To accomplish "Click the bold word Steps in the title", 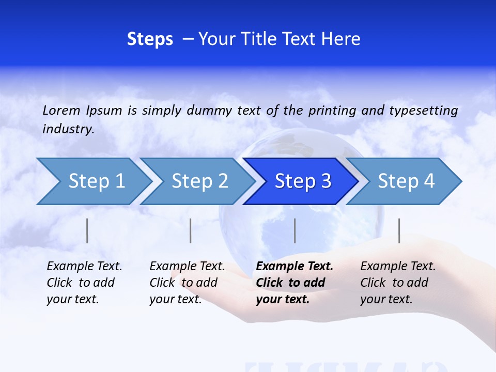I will coord(150,39).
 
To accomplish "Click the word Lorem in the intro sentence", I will coord(61,110).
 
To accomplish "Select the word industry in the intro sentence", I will coord(68,129).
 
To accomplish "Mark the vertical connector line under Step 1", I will coord(87,230).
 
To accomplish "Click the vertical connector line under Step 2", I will coord(191,230).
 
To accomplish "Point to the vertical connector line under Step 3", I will coord(295,230).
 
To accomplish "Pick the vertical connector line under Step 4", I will coord(399,230).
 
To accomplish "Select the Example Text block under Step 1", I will coord(84,283).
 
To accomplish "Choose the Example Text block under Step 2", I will coord(187,283).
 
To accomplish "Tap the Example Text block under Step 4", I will coord(398,283).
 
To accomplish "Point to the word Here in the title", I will coord(340,39).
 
